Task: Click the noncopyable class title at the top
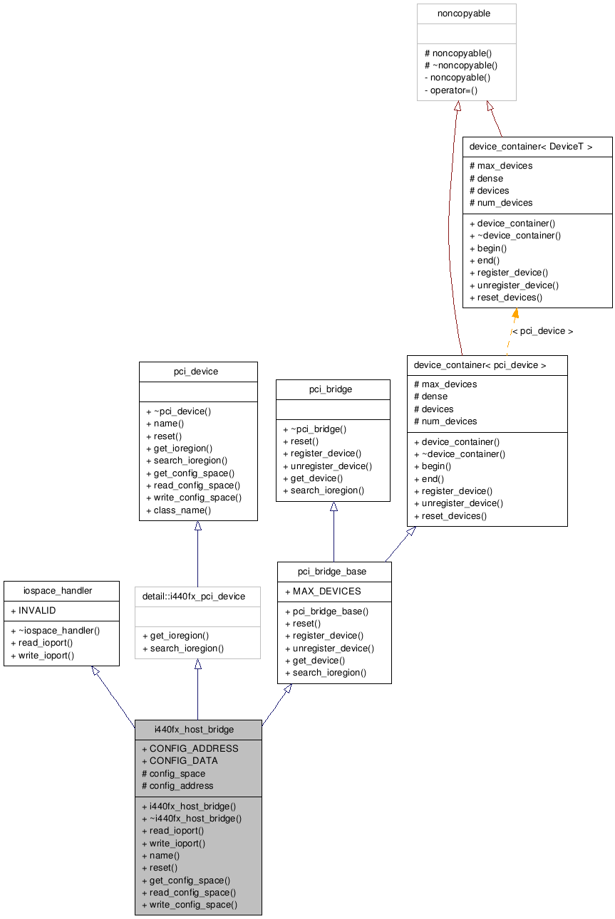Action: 463,14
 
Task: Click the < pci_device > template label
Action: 542,331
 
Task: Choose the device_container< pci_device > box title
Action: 480,365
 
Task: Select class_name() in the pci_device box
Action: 182,510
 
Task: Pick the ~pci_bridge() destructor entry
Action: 317,429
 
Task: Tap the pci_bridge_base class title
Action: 332,572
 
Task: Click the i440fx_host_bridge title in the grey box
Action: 194,730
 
